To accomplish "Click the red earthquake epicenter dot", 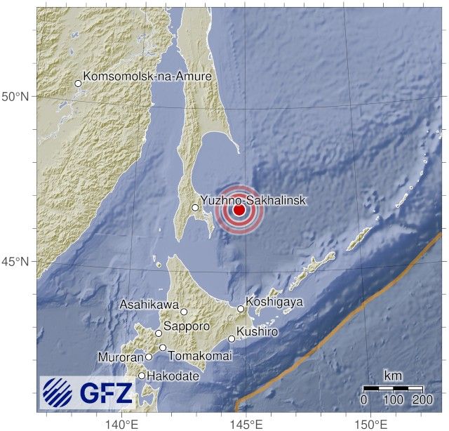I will click(239, 209).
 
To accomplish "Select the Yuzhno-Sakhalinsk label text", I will click(253, 201).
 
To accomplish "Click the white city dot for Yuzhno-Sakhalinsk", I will click(196, 207).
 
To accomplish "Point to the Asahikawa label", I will click(149, 305).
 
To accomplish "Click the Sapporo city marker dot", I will click(159, 333).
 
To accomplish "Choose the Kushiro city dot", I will click(232, 338).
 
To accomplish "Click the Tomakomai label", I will click(194, 356).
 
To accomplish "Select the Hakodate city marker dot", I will click(142, 376).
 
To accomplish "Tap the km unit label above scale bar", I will click(393, 375).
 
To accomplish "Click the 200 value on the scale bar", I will click(422, 399).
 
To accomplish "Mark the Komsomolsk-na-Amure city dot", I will click(78, 84).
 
